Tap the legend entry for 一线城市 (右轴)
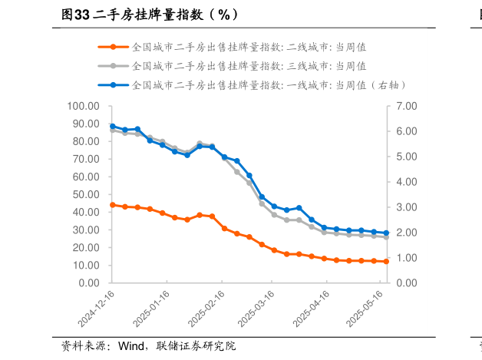(x=269, y=84)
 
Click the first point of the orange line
(x=113, y=205)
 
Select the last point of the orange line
(x=386, y=262)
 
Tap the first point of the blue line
(x=113, y=126)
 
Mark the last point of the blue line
(x=386, y=233)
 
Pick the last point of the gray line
(x=386, y=237)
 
